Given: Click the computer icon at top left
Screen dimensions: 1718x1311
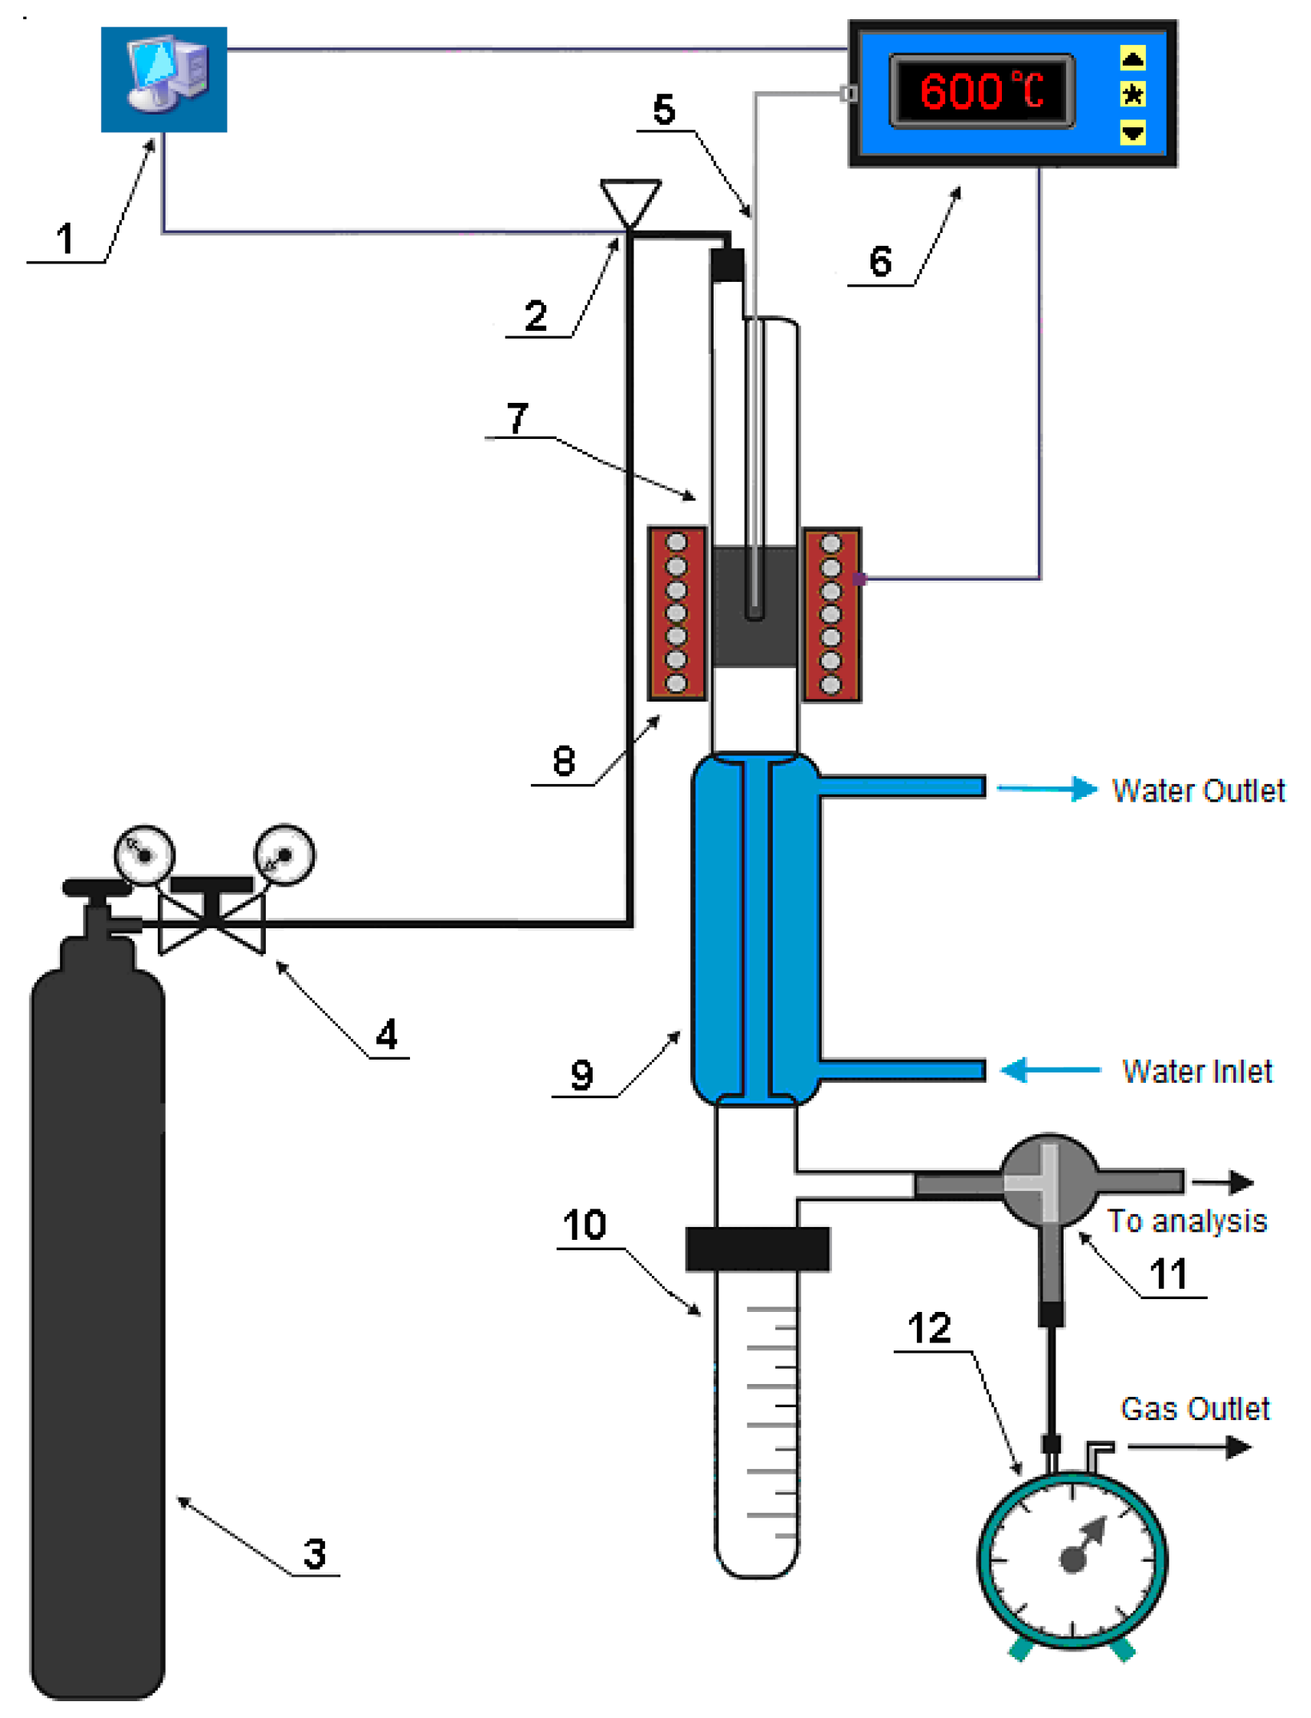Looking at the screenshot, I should tap(163, 78).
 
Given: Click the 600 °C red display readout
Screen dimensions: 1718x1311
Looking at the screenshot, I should tap(981, 91).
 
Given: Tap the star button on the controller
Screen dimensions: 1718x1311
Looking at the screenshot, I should tap(1132, 95).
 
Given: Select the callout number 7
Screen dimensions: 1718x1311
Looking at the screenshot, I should tap(517, 417).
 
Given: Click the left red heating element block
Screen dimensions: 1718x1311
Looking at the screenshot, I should tap(676, 613).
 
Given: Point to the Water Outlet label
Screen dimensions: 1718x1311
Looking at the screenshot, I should tap(1197, 790).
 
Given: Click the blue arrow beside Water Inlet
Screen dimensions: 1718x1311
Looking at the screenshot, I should tap(1050, 1069).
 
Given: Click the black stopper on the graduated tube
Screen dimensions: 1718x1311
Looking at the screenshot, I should tap(757, 1249).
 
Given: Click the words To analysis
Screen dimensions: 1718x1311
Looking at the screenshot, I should tap(1186, 1221).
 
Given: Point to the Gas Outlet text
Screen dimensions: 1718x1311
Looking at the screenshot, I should tap(1194, 1408).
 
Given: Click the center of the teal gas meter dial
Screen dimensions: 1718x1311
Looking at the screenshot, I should tap(1072, 1559).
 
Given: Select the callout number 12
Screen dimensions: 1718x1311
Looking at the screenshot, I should tap(928, 1329).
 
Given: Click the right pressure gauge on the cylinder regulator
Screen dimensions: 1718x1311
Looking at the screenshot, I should tap(284, 855).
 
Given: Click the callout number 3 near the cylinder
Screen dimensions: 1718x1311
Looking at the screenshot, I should tap(315, 1554).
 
